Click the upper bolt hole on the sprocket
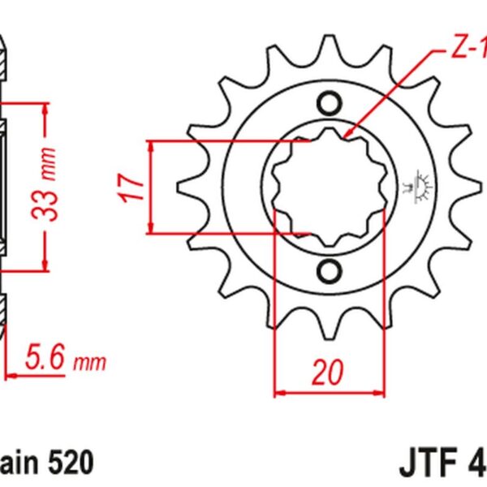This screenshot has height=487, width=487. click(x=330, y=104)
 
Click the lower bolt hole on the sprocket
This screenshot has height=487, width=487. click(x=330, y=270)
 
